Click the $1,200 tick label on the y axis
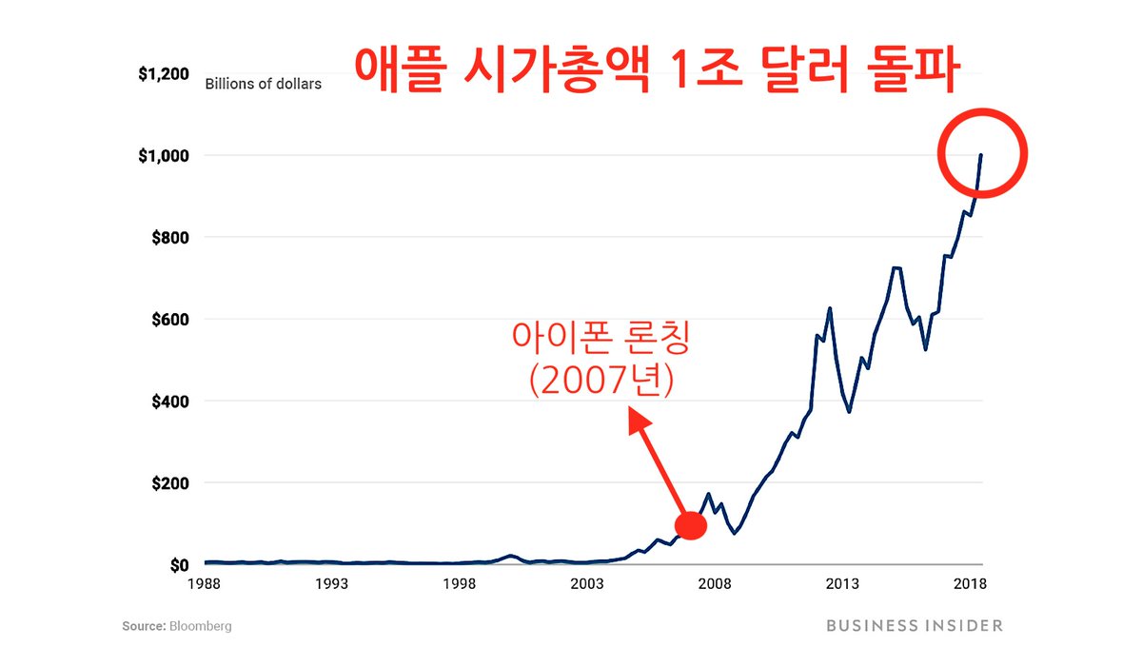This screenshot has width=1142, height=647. point(163,73)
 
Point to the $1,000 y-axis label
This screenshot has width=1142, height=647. point(163,155)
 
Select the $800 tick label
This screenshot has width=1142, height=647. point(169,237)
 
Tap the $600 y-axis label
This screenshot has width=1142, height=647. point(169,319)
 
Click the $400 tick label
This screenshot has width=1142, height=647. point(169,401)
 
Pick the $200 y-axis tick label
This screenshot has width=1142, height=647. point(169,482)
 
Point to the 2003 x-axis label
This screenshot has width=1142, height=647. point(587,584)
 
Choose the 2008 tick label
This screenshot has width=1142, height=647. point(715,584)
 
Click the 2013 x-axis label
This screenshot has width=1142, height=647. point(842,584)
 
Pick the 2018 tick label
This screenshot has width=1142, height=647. point(970,584)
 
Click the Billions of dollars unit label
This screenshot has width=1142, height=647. point(264,84)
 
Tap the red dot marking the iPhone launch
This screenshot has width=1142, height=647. point(690,525)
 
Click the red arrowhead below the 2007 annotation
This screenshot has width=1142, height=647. point(640,422)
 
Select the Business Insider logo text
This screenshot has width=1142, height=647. point(915,625)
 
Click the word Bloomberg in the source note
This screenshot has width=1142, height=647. point(201,626)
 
